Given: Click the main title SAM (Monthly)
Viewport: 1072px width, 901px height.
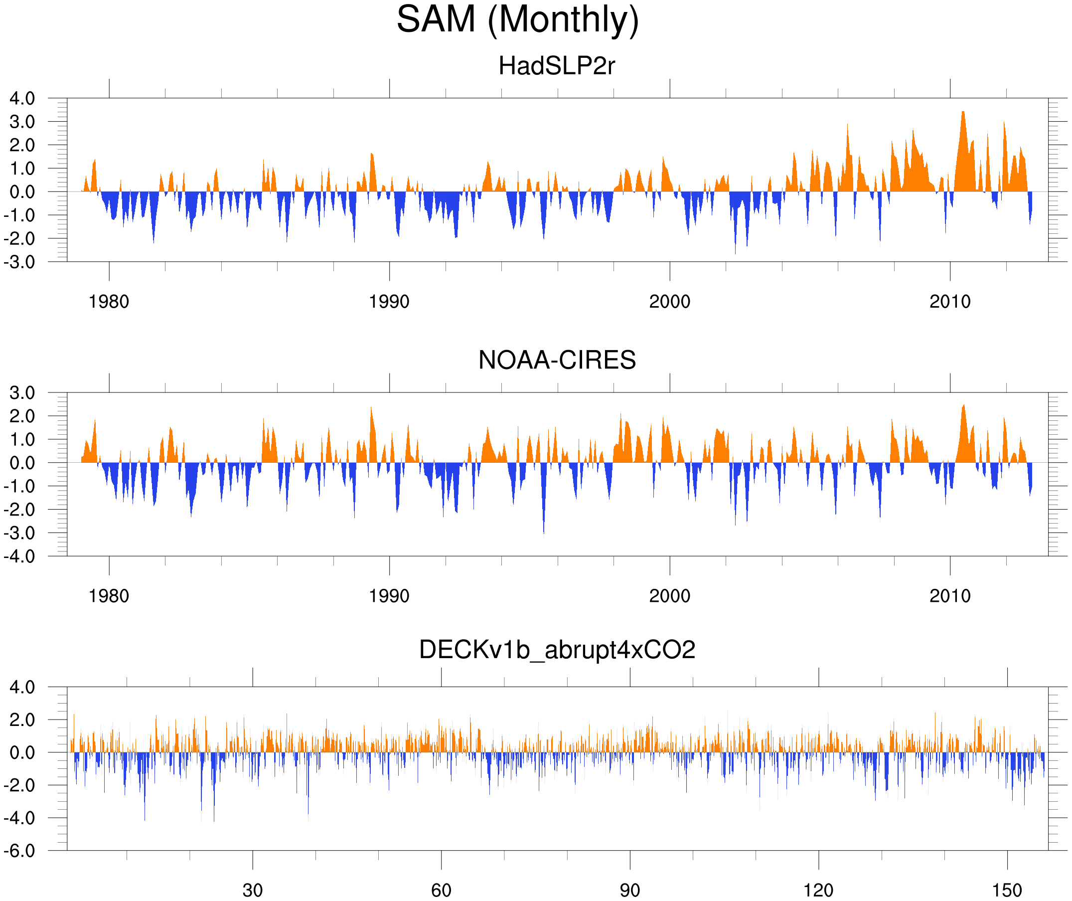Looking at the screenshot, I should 517,19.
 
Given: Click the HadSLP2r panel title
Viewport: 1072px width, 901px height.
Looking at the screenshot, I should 556,66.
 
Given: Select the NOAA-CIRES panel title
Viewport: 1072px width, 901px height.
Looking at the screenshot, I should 556,360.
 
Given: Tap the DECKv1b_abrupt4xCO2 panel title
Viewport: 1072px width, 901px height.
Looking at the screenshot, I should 557,650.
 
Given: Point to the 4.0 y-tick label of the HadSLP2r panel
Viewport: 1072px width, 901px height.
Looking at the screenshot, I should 22,98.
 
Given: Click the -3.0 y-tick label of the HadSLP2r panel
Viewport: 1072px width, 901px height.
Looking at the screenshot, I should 19,262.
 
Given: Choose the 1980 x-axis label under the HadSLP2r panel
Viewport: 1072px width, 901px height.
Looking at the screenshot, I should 109,302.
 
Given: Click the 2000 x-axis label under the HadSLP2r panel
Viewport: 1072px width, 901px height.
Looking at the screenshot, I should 669,302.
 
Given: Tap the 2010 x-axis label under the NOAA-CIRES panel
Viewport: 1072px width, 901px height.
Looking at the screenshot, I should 949,596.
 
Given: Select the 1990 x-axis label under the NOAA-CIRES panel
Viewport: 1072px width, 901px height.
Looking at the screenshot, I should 389,596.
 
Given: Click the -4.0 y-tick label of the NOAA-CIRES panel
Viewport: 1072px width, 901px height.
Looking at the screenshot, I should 19,556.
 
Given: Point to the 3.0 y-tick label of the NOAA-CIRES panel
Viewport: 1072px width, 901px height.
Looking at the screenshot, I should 22,393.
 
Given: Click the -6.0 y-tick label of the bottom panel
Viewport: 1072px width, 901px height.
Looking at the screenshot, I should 19,851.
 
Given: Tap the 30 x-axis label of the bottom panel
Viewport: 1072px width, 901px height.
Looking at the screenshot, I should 252,890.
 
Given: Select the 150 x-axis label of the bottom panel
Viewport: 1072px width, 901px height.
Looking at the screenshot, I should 1007,890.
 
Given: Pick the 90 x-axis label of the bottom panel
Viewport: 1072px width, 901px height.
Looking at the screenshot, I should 629,890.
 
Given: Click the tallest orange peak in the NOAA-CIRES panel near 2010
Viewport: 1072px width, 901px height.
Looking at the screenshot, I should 964,406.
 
